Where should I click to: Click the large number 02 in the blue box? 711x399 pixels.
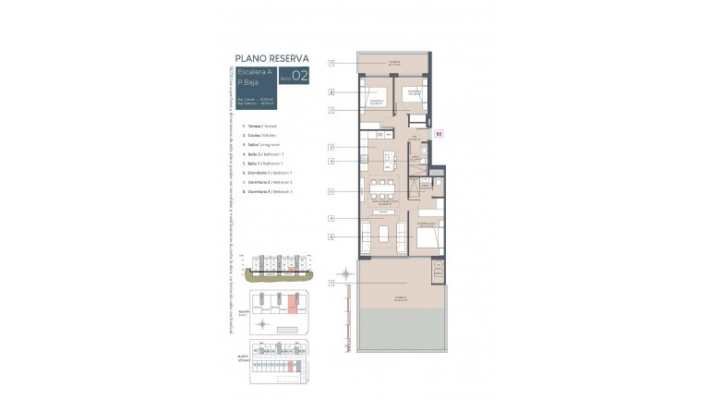pos(299,77)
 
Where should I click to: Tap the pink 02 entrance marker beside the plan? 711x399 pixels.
pos(440,133)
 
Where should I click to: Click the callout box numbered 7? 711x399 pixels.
pos(331,110)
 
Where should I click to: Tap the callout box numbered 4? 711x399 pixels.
pos(331,161)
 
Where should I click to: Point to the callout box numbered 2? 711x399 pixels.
pos(331,147)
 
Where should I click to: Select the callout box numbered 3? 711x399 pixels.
pos(331,218)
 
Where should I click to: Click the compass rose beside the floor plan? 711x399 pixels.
pos(345,274)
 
